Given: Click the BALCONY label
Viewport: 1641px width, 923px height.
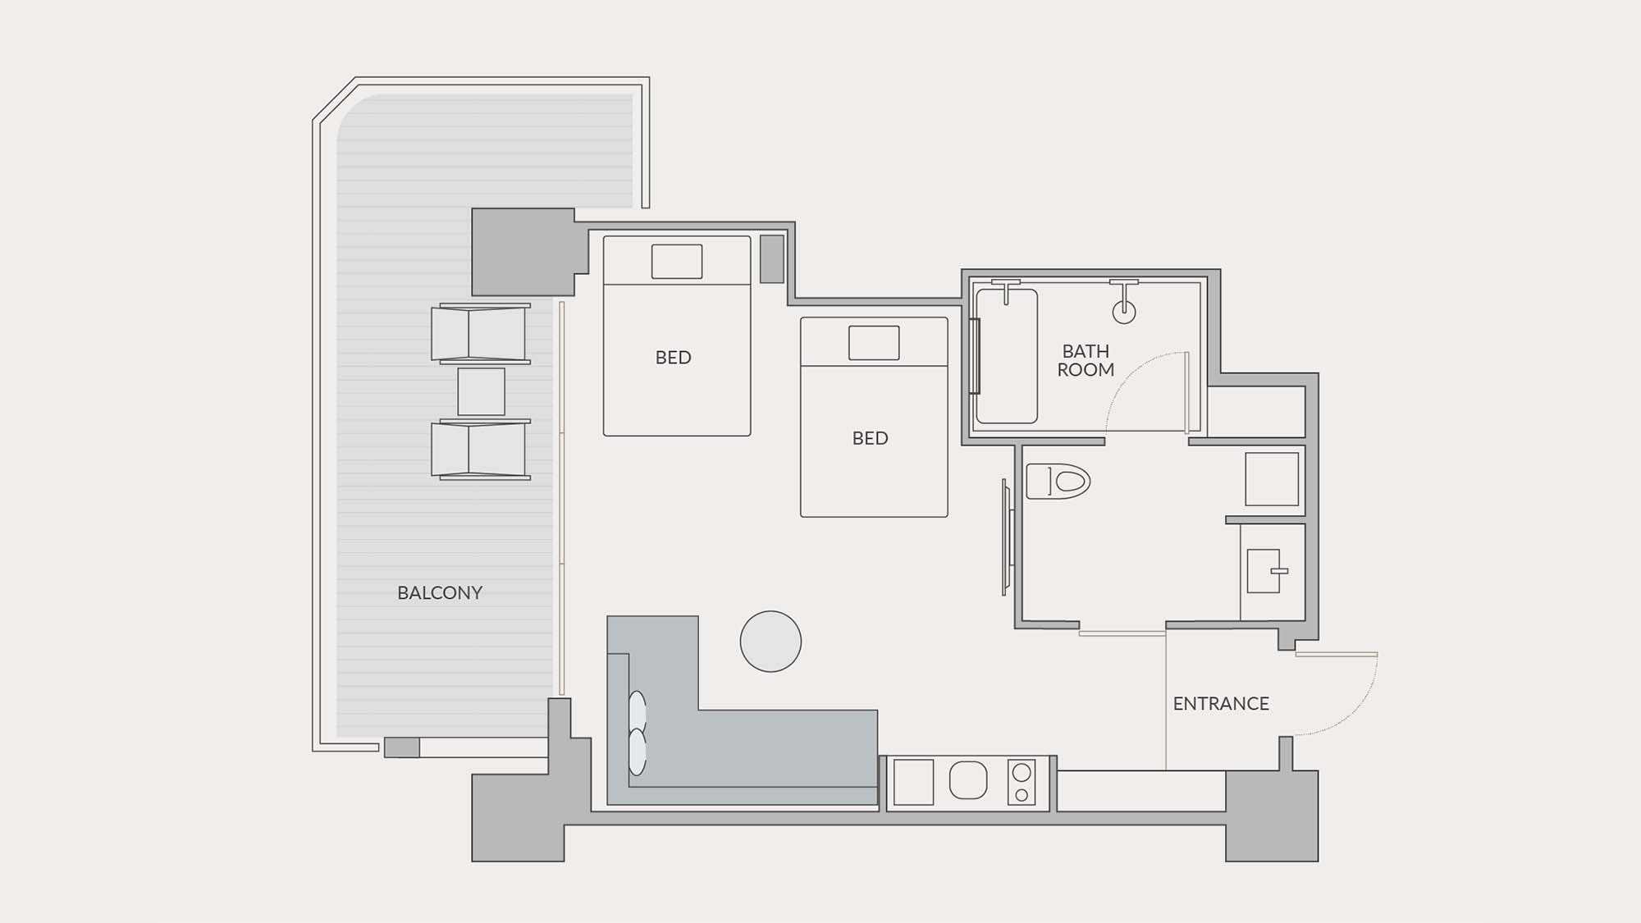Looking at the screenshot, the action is coord(440,592).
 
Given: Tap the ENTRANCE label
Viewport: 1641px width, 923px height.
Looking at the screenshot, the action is coord(1221,703).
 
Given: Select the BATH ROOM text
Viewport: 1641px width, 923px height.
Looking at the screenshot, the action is coord(1086,360).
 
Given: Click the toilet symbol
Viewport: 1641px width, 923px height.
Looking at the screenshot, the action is coord(1058,481).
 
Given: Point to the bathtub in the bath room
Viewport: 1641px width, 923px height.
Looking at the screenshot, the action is coord(1007,356).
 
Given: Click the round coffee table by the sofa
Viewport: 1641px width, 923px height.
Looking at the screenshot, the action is coord(770,642).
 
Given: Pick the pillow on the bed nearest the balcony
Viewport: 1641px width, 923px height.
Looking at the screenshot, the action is coord(677,262).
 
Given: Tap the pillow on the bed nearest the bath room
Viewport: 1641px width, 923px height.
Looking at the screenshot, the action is coord(874,343).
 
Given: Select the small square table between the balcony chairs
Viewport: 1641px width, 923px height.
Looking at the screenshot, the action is coord(481,391).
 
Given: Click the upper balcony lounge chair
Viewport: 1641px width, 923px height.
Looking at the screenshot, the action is coord(481,334).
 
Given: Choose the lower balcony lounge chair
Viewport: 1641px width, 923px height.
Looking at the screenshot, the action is coord(481,450).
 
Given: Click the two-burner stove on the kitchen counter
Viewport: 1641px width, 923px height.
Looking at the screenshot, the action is coord(1022,783).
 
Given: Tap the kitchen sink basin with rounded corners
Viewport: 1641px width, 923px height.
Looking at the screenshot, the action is coord(968,780).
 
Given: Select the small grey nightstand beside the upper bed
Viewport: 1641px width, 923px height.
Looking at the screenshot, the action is coord(772,259).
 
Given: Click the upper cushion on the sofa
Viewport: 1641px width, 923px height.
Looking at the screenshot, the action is coord(638,712).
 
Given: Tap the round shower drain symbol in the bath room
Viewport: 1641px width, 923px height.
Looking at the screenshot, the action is coord(1124,312).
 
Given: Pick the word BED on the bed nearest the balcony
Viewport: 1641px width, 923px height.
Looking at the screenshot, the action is coord(673,358).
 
